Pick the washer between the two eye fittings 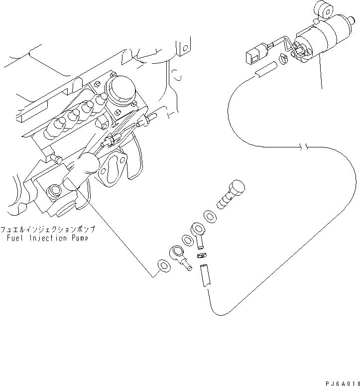pos(188,240)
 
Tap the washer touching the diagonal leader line pos(164,266)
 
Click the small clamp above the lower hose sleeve pos(202,256)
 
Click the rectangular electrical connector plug pos(253,52)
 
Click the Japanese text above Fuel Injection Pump pos(48,229)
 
